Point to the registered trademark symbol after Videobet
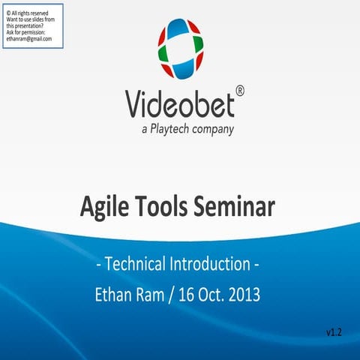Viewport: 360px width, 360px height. point(239,90)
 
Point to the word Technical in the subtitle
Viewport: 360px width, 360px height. point(140,264)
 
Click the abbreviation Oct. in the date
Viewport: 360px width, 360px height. point(202,295)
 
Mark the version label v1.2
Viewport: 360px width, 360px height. point(334,331)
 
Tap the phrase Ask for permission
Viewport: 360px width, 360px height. point(25,32)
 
